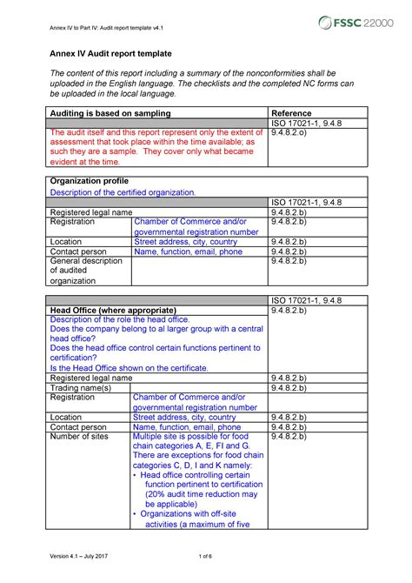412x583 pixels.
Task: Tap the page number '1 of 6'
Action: [x=206, y=557]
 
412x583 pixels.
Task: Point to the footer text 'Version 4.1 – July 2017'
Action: [x=83, y=557]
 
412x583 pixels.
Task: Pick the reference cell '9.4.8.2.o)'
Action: [x=294, y=135]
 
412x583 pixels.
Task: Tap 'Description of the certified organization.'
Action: [x=123, y=191]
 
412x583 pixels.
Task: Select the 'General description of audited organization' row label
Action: [x=86, y=271]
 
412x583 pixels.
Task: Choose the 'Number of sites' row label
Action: [x=83, y=437]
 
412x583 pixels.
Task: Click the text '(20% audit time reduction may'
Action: [x=201, y=493]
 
